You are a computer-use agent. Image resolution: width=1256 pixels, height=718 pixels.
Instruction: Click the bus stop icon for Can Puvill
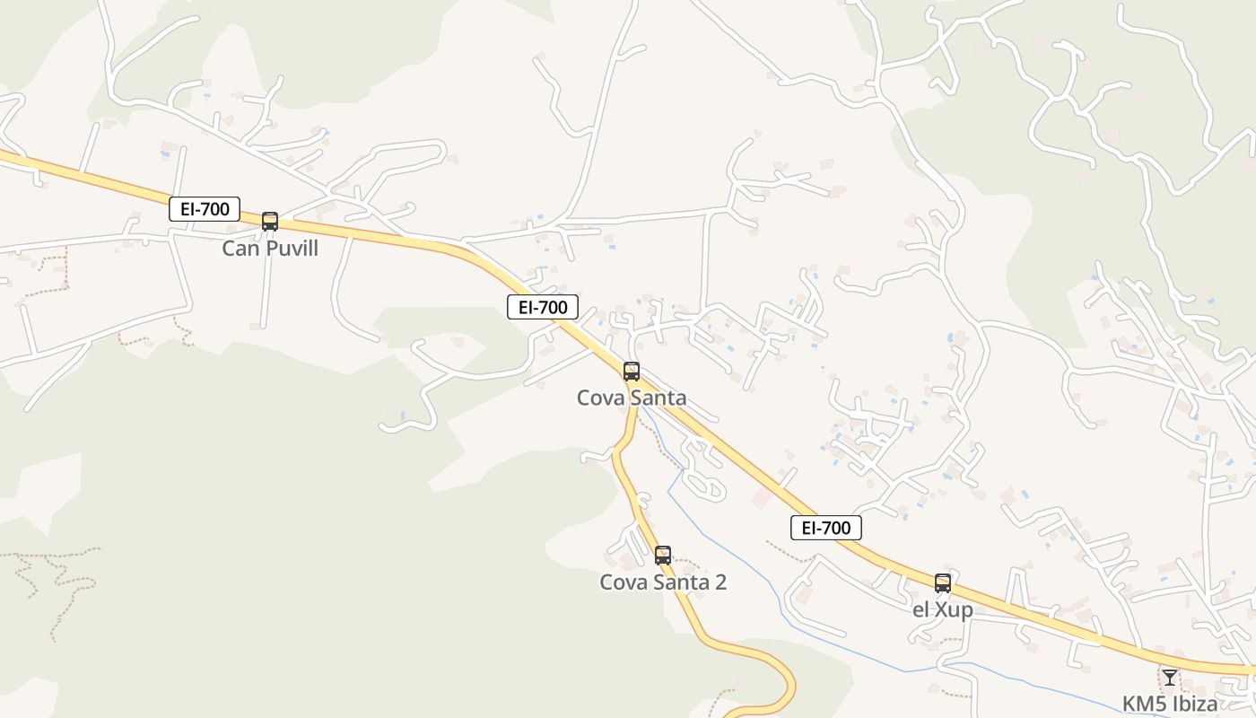tap(269, 221)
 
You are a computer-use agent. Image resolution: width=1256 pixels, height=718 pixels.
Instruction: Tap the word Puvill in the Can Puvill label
tap(291, 249)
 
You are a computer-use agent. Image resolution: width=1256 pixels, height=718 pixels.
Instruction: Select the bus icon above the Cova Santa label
tap(632, 371)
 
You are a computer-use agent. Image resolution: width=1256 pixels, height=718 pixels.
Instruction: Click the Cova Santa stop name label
tap(632, 398)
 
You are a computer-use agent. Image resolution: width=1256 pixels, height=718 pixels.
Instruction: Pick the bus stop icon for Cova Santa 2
tap(663, 555)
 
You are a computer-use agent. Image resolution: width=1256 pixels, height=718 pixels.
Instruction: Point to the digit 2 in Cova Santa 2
tap(720, 582)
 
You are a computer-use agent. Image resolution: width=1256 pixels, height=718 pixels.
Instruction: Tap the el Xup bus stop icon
tap(942, 582)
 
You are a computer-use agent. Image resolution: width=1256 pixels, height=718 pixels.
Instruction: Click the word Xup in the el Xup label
tap(954, 610)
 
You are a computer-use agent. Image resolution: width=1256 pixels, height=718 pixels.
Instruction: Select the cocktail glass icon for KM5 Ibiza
tap(1169, 677)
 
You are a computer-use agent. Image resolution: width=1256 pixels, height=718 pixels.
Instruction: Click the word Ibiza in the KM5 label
tap(1193, 704)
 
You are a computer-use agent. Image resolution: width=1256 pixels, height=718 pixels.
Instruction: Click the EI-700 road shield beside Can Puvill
tap(205, 210)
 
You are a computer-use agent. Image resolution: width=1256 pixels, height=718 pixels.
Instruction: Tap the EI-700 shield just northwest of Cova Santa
tap(542, 307)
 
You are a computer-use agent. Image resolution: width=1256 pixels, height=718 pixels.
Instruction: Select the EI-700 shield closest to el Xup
tap(825, 528)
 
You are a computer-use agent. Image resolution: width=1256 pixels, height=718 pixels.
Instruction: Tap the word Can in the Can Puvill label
tap(240, 249)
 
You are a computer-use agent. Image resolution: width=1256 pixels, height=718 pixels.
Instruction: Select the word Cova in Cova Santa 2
tap(622, 582)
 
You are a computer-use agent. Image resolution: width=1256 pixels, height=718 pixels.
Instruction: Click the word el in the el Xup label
tap(920, 610)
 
